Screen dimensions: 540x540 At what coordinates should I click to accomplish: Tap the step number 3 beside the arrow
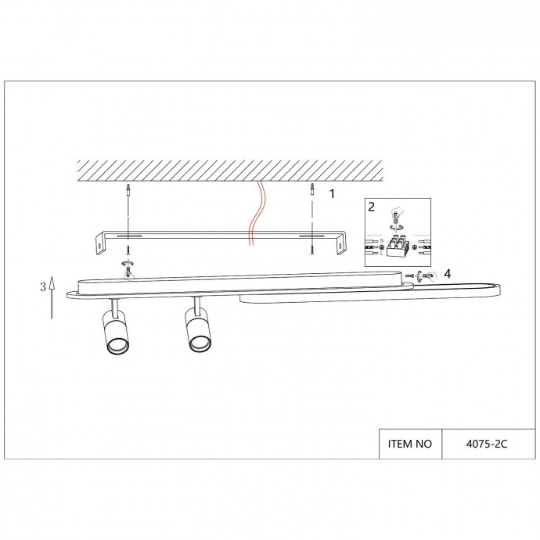(x=42, y=287)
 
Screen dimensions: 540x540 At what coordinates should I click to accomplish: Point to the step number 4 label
(x=446, y=273)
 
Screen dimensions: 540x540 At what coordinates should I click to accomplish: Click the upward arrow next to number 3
(x=52, y=297)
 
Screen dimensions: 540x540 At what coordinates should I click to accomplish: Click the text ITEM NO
(x=410, y=444)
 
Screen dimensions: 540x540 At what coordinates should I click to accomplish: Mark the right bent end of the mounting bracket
(x=340, y=243)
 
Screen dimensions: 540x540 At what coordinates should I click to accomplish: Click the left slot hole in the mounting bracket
(x=129, y=235)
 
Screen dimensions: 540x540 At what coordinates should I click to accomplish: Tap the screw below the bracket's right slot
(x=312, y=247)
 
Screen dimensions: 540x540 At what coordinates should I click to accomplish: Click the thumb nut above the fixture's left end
(x=128, y=265)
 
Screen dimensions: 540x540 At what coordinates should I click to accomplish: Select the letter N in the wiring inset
(x=381, y=241)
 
